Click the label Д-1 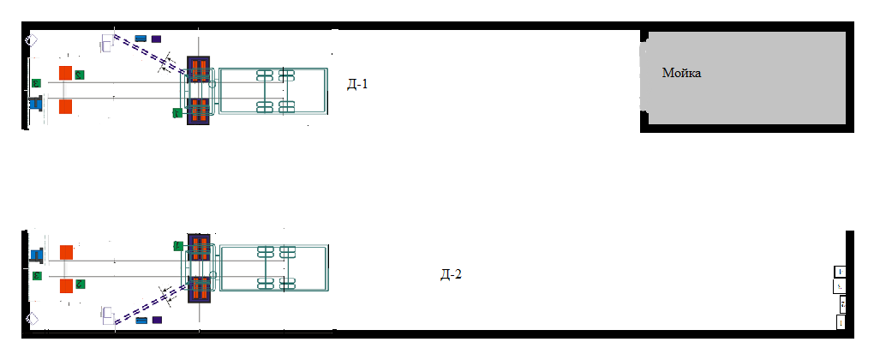click(356, 84)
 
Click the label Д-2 click(451, 274)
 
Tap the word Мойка click(682, 74)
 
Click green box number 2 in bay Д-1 click(80, 75)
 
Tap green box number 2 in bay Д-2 click(80, 284)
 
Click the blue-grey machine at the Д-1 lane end click(37, 104)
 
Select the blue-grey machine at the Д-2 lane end click(37, 254)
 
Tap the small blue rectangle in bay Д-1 click(141, 39)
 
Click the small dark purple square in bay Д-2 click(156, 321)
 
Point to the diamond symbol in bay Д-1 click(31, 40)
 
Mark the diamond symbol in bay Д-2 click(31, 319)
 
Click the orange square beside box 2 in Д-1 click(65, 73)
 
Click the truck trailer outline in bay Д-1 click(272, 91)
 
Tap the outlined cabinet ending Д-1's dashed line click(108, 42)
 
